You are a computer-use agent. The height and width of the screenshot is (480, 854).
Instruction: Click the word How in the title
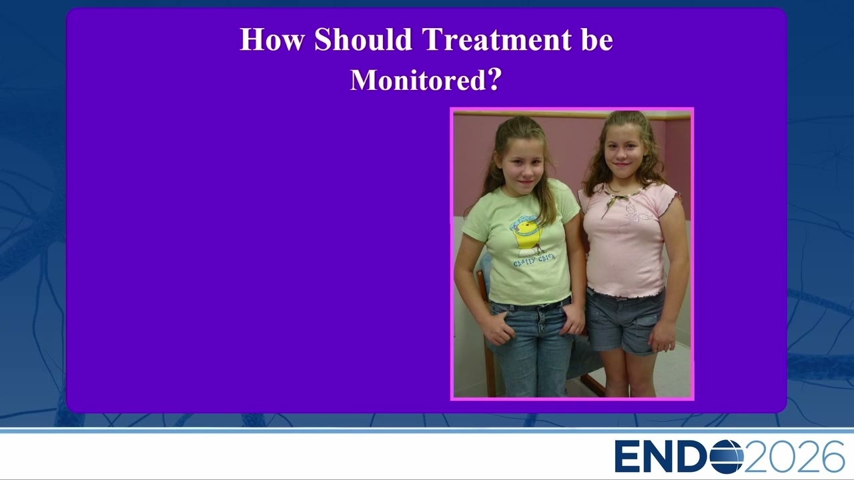272,39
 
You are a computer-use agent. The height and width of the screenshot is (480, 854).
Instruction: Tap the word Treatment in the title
497,39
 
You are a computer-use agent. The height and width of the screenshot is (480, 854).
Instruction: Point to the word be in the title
597,39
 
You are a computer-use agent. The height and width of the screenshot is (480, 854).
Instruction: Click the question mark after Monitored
494,79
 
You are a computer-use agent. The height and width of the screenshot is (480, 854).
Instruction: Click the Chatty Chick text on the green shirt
534,260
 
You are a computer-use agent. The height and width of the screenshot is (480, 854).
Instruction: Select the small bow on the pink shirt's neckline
614,202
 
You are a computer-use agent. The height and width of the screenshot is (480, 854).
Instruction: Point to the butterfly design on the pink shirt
636,218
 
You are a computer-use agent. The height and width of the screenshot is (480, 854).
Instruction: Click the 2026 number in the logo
794,457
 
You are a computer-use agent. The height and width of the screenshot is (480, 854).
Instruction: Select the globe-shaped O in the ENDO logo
727,457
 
